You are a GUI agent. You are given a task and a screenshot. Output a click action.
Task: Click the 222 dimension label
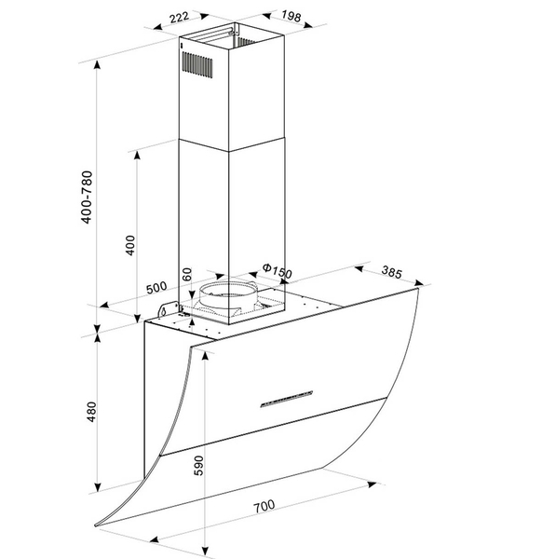[x=179, y=17]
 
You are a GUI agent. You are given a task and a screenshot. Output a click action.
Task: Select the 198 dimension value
[x=291, y=16]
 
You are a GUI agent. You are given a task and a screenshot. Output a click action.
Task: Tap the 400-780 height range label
[x=87, y=198]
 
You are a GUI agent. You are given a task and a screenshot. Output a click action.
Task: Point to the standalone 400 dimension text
[x=130, y=245]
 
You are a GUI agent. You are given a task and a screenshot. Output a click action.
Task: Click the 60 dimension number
[x=187, y=274]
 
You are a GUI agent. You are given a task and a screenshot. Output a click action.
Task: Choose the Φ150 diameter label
[x=278, y=271]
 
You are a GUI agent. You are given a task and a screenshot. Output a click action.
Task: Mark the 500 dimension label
[x=156, y=287]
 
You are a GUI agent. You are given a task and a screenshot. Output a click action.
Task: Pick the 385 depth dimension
[x=392, y=272]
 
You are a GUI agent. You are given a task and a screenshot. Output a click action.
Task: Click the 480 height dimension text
[x=92, y=412]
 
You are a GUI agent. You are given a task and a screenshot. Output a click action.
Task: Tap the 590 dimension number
[x=198, y=465]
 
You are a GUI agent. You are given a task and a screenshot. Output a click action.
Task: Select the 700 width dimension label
[x=264, y=506]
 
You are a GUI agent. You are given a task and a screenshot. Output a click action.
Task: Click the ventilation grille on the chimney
[x=197, y=64]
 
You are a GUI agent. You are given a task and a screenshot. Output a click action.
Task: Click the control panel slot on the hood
[x=287, y=399]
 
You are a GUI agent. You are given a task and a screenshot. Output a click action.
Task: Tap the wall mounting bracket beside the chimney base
[x=169, y=308]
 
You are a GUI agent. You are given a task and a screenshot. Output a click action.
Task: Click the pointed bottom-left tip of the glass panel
[x=96, y=525]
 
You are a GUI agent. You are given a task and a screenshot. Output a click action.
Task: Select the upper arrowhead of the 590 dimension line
[x=205, y=356]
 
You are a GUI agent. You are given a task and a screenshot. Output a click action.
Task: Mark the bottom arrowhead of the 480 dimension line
[x=97, y=487]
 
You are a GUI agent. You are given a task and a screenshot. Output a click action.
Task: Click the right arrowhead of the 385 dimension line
[x=419, y=283]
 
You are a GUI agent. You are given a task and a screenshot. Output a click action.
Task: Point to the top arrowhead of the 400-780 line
[x=97, y=65]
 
